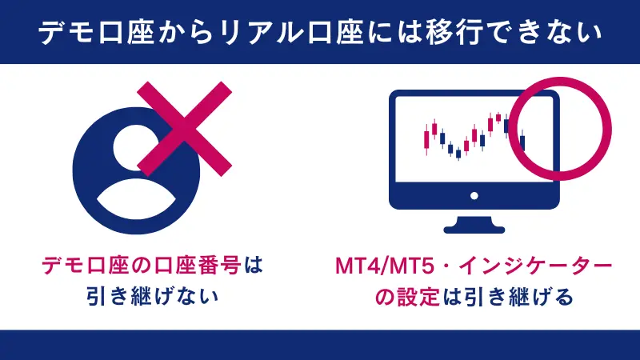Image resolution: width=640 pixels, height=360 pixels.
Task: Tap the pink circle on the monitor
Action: tap(560, 128)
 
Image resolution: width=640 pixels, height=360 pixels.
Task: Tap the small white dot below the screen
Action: tap(474, 194)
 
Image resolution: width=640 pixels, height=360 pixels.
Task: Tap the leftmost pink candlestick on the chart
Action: tap(426, 140)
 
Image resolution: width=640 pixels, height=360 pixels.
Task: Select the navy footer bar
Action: tap(320, 345)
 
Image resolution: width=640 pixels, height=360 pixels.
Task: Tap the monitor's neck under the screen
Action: tap(474, 216)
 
